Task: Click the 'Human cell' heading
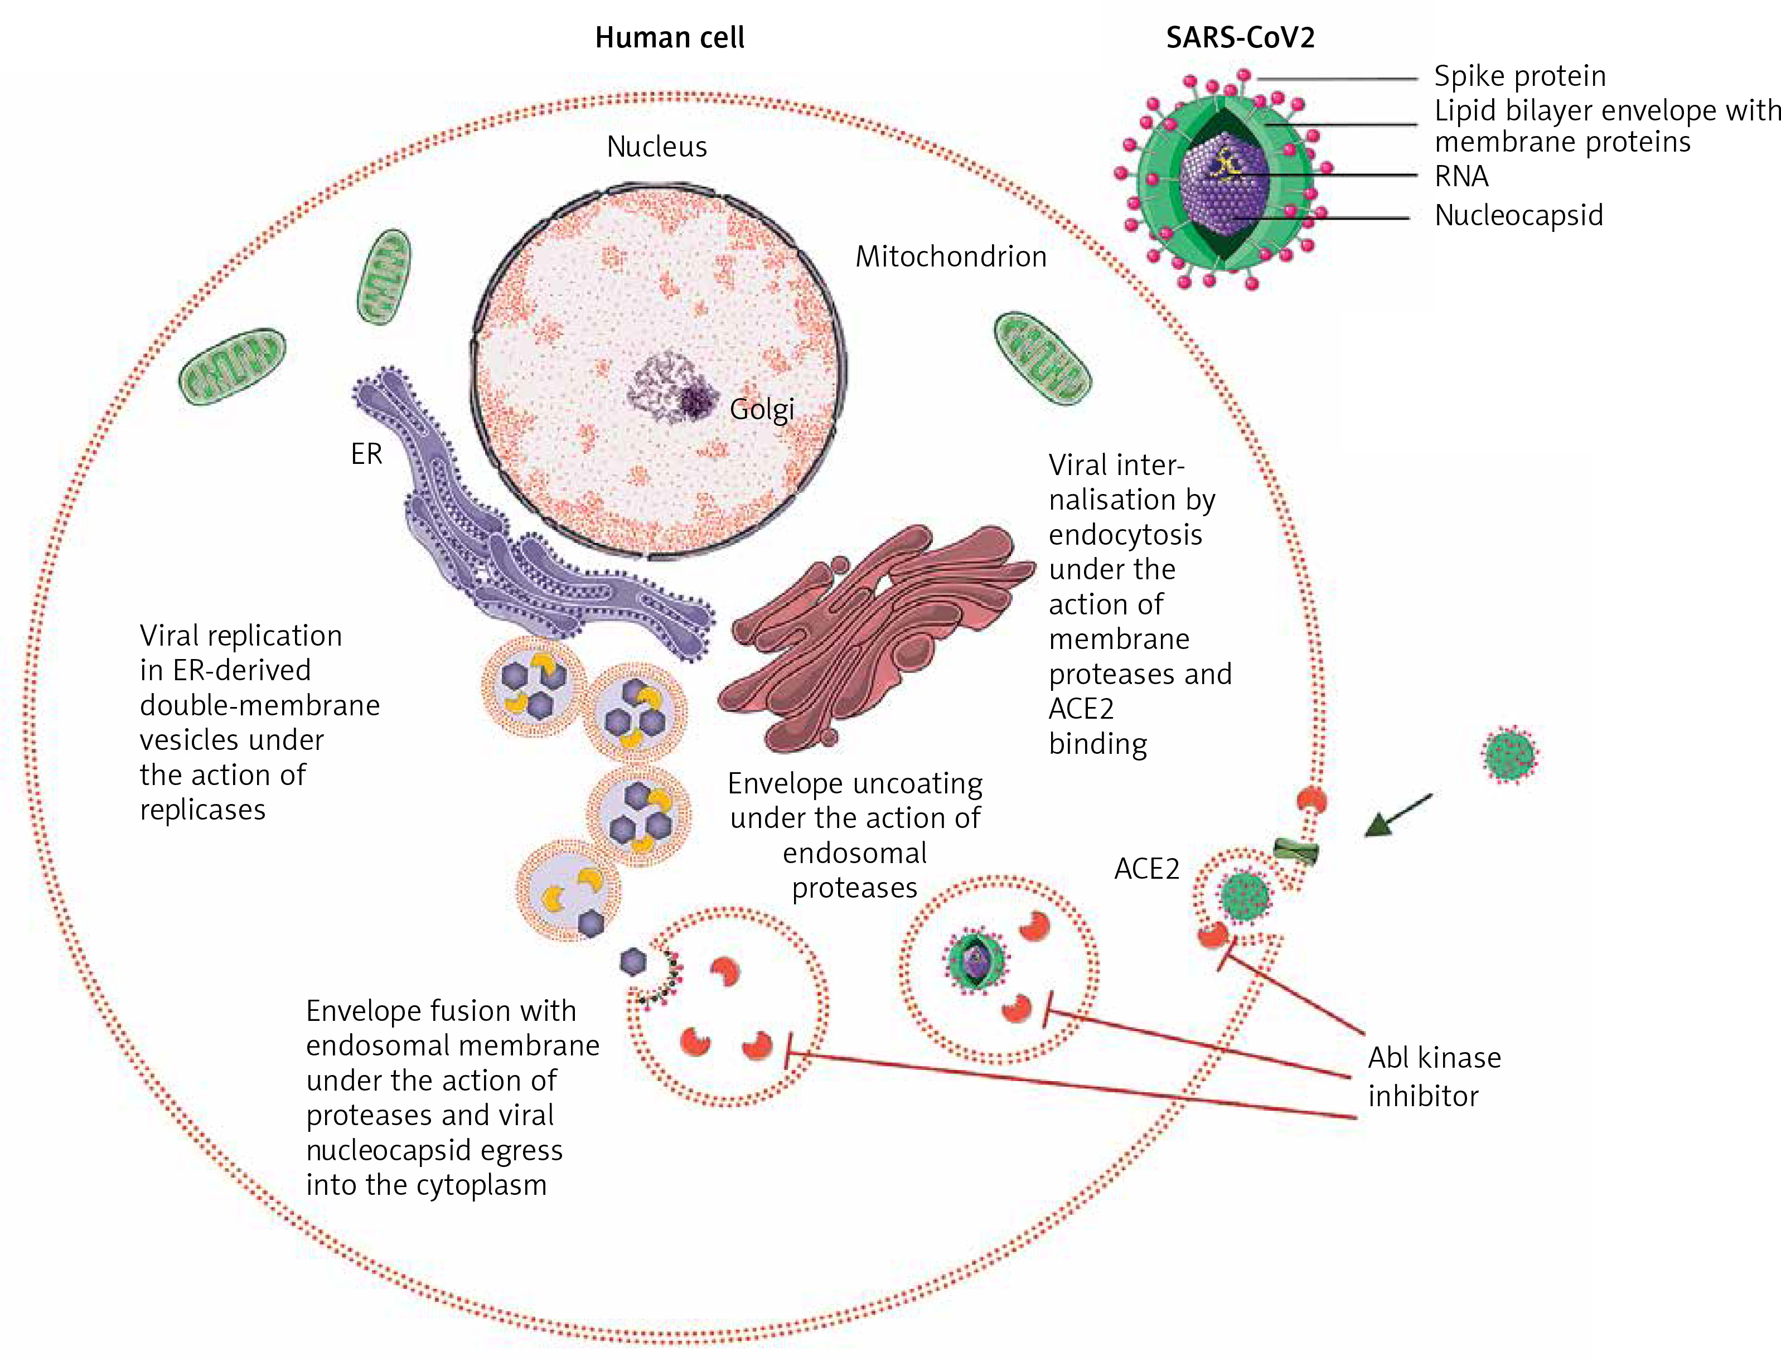[x=669, y=38]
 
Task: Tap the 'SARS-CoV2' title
[x=1240, y=38]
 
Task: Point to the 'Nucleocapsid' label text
[x=1518, y=215]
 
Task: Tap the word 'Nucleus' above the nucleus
[x=656, y=147]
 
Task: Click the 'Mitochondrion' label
[x=951, y=257]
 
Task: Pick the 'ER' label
[x=366, y=454]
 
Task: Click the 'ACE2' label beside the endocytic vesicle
[x=1146, y=869]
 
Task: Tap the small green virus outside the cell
[x=1511, y=753]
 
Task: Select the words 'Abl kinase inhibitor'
[x=1434, y=1077]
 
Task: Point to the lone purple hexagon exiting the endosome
[x=633, y=962]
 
